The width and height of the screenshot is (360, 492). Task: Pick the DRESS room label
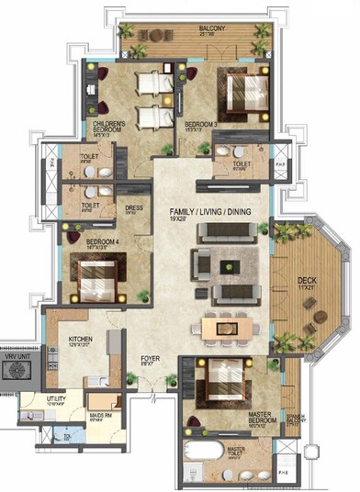click(x=133, y=207)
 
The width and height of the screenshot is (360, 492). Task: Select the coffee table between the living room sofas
click(x=224, y=266)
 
